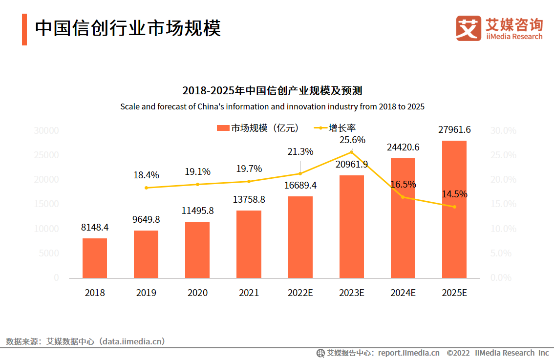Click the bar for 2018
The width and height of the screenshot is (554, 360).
(x=95, y=258)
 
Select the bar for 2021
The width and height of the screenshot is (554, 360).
(x=249, y=244)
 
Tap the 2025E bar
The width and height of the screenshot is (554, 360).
(x=454, y=210)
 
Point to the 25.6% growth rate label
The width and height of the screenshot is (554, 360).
(x=352, y=140)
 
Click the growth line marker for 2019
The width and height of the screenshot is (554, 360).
(x=146, y=188)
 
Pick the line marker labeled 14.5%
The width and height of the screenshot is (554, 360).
(x=454, y=207)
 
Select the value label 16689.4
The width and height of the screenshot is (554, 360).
(x=300, y=186)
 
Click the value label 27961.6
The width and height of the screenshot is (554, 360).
(x=454, y=130)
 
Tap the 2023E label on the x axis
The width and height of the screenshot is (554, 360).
(x=352, y=293)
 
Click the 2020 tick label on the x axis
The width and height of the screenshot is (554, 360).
(x=197, y=293)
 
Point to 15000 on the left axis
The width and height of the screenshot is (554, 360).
(x=46, y=204)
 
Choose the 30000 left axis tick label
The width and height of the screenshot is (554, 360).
(x=46, y=131)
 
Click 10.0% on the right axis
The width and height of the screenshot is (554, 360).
(x=503, y=229)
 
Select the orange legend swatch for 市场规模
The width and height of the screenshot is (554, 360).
(x=223, y=128)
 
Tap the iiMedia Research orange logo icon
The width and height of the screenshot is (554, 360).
(x=469, y=28)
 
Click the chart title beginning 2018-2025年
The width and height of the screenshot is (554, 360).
(x=272, y=91)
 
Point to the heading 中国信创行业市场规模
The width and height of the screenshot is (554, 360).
(x=128, y=28)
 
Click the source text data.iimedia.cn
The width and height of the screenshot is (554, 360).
(x=132, y=341)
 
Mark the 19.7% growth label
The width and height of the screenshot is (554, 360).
(x=249, y=169)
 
